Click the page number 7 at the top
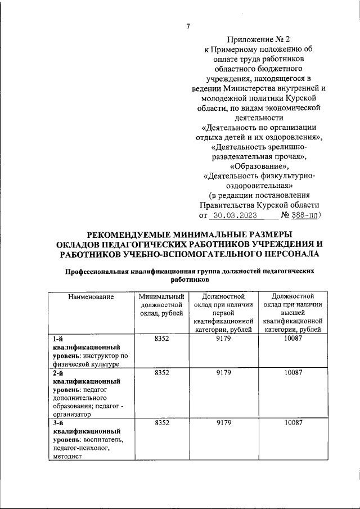(188, 26)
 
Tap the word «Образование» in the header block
(260, 166)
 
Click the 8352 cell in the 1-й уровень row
(161, 339)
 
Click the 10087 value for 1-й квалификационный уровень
(292, 339)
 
